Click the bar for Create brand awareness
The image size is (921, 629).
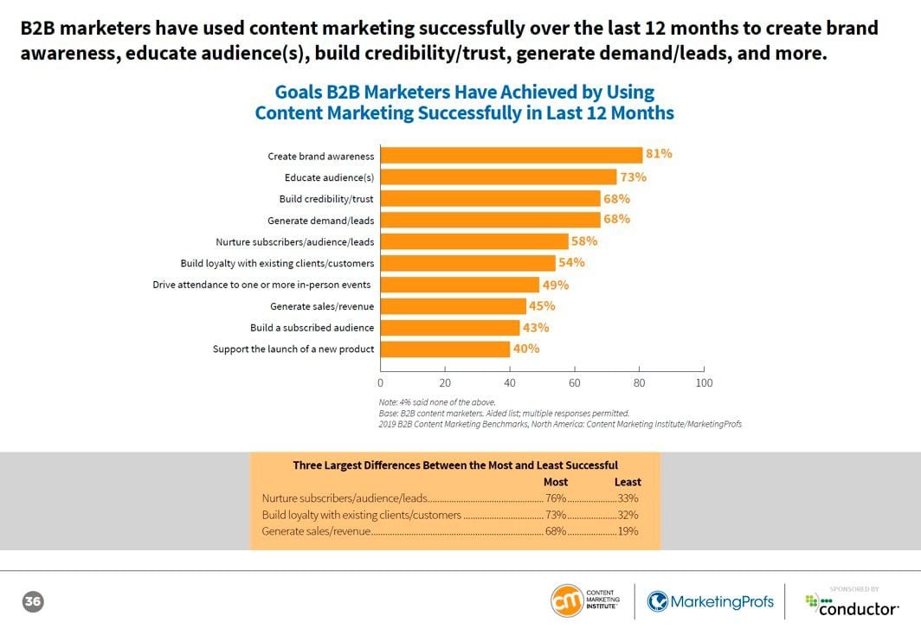[x=511, y=156]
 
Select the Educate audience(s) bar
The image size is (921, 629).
[x=499, y=177]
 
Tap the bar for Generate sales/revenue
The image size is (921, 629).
[x=453, y=306]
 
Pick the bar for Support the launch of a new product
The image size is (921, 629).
[x=445, y=350]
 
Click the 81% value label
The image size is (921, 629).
[x=659, y=154]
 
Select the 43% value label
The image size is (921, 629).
[x=536, y=327]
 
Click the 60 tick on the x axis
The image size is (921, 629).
[x=575, y=382]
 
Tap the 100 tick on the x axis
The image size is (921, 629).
[x=704, y=382]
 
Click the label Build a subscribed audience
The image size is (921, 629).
[x=312, y=328]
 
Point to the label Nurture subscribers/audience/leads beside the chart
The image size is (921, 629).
[x=294, y=242]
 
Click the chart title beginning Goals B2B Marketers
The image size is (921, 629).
[x=464, y=102]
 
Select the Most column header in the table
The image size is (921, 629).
[x=555, y=482]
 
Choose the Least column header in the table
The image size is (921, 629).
[x=627, y=482]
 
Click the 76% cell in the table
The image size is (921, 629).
[x=555, y=498]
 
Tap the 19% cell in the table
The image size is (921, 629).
[x=628, y=531]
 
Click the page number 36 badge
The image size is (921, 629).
[x=33, y=601]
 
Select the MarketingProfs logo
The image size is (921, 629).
[x=710, y=601]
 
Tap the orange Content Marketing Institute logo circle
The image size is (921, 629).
[x=568, y=601]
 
